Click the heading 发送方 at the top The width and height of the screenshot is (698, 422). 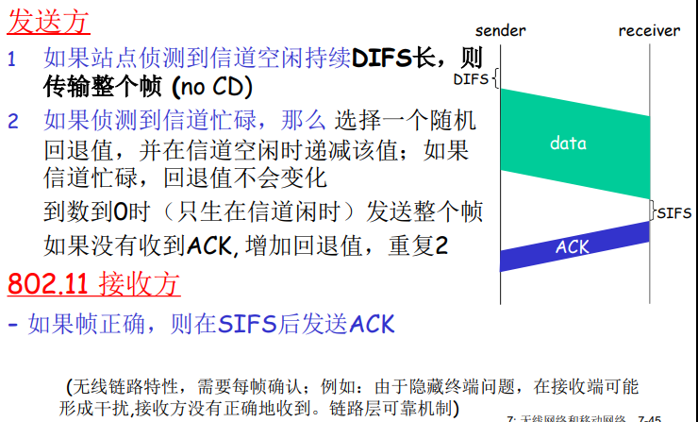click(x=49, y=19)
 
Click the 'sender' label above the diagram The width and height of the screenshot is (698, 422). click(x=500, y=31)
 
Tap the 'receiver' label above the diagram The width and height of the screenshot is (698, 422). click(x=649, y=31)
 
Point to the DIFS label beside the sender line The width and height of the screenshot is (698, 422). click(x=471, y=79)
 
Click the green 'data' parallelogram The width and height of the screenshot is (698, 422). click(x=568, y=143)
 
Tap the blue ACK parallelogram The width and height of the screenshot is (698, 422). click(x=573, y=247)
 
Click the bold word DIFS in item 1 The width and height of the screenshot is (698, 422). click(x=383, y=59)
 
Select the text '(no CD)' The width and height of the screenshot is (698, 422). click(x=212, y=88)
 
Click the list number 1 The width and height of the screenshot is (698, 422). click(x=12, y=59)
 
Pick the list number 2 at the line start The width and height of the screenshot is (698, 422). click(x=12, y=122)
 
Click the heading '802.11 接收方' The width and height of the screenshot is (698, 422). click(x=92, y=283)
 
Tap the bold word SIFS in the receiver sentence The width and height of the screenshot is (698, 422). click(x=248, y=325)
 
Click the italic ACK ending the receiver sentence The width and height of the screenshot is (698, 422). click(x=372, y=325)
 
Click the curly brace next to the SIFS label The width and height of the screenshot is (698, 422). click(x=652, y=211)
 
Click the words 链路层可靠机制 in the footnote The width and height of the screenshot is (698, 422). click(x=392, y=409)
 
